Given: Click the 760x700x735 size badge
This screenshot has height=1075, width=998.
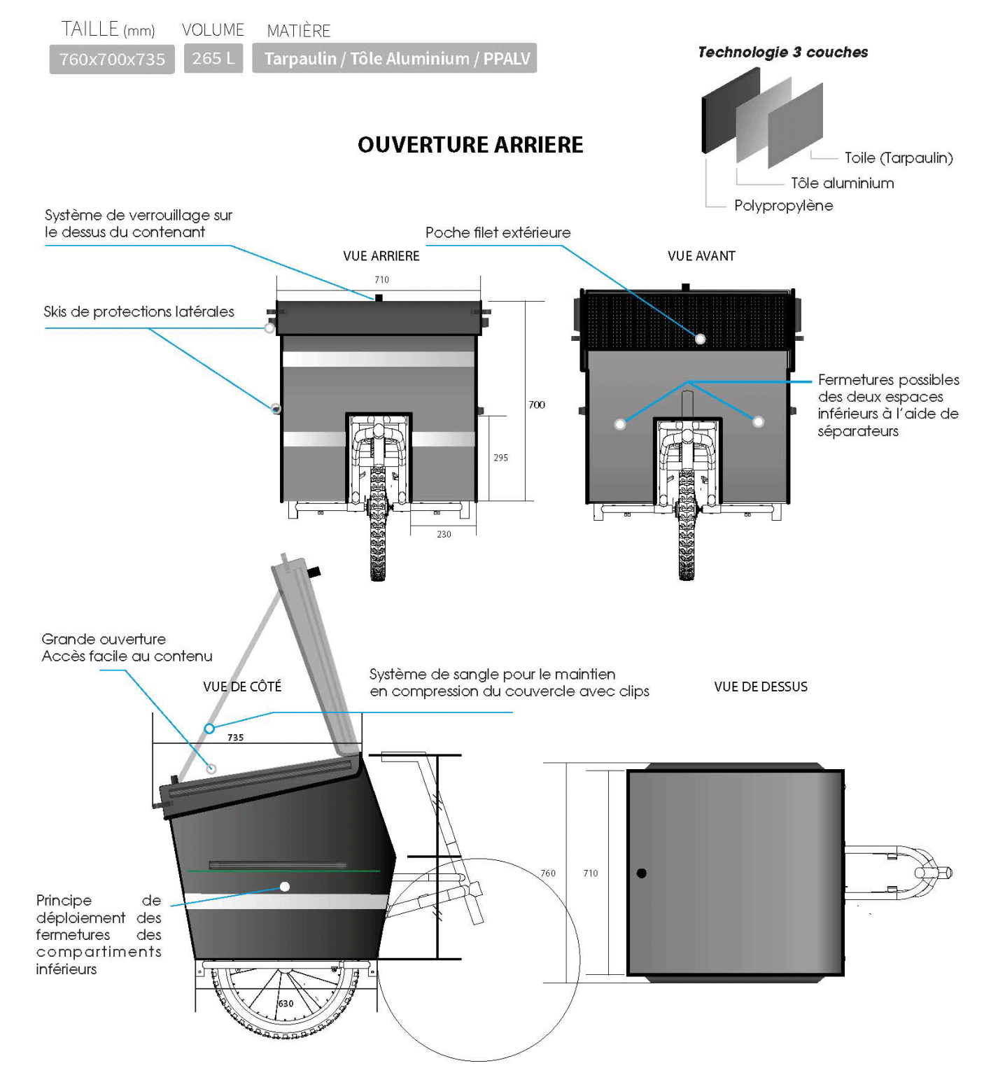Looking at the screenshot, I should (x=112, y=59).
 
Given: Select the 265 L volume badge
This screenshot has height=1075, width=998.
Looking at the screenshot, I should (x=213, y=59).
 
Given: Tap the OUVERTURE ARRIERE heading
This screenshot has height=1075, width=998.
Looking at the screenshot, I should (x=470, y=145).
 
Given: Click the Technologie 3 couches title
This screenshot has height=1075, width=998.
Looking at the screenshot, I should (x=782, y=52).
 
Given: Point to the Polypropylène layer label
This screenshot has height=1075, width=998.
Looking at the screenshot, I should (x=783, y=206).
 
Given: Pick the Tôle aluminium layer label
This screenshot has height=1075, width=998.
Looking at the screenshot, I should (x=842, y=183).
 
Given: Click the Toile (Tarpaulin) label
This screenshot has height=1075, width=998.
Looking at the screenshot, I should (x=899, y=158).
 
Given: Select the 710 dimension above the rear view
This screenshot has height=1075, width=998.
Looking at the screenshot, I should (x=381, y=280).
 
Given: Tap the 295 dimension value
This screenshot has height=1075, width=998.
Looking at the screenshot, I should (x=501, y=458).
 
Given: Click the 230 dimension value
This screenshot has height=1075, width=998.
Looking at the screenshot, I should (x=444, y=535).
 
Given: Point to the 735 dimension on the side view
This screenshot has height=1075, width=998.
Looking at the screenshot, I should (x=236, y=738).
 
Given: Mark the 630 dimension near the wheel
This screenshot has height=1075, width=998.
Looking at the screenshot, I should (x=286, y=1004).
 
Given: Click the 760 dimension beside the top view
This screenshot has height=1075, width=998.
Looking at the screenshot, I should (x=548, y=873).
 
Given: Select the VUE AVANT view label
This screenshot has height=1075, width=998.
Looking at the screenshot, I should (x=701, y=256).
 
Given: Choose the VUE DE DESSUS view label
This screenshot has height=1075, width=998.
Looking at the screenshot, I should (x=761, y=687).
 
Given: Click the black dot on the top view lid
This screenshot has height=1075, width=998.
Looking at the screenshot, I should (x=642, y=873).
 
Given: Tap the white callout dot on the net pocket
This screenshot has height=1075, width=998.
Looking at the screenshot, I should (x=700, y=339).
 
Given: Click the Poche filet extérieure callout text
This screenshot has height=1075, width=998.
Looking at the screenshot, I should (x=498, y=233).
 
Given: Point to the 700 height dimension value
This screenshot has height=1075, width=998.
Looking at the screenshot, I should (x=537, y=405).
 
